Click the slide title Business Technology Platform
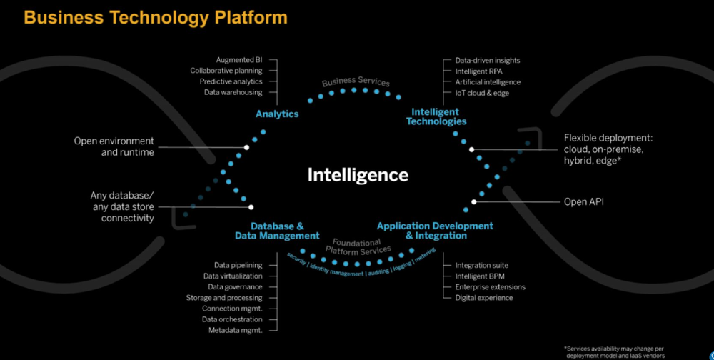click(x=156, y=17)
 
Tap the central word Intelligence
click(x=358, y=175)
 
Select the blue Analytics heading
click(x=277, y=114)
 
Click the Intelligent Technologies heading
click(x=436, y=116)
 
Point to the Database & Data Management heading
click(x=277, y=231)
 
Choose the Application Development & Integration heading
click(x=435, y=231)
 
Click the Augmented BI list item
click(x=239, y=60)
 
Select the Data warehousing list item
click(x=233, y=92)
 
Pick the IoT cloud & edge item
click(x=482, y=93)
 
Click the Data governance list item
click(x=235, y=287)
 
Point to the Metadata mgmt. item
click(x=235, y=330)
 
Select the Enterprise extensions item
click(x=490, y=287)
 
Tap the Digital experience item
click(x=483, y=298)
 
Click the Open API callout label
click(x=583, y=202)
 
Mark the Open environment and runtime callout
click(x=114, y=146)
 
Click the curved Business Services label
click(x=356, y=81)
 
